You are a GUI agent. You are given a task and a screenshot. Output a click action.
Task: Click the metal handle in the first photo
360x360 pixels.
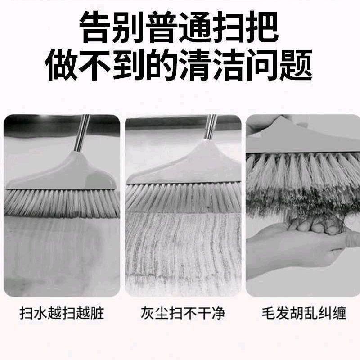[x=81, y=133]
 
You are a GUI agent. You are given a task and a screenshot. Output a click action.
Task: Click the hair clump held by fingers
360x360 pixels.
[x=319, y=223]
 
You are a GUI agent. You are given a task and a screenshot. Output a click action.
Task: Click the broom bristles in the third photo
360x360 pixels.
[x=301, y=180]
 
